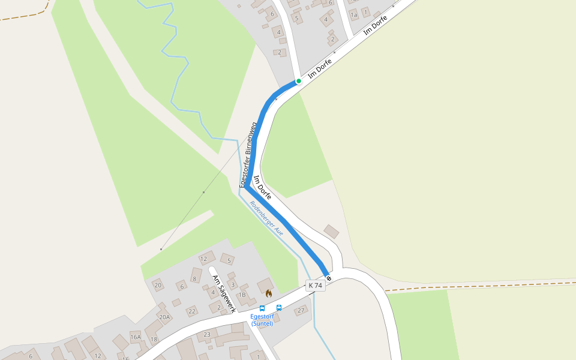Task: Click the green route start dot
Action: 298,81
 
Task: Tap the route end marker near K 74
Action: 329,278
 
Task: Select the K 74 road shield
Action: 315,286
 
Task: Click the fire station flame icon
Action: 268,293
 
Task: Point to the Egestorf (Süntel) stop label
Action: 262,320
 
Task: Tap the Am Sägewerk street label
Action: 223,293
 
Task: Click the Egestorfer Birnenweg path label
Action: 248,155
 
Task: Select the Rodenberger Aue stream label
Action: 266,218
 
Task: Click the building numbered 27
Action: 301,310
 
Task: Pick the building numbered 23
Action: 208,334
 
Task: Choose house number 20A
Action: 164,317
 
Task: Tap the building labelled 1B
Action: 242,295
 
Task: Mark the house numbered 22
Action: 191,311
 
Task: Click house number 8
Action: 194,278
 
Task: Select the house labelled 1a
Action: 353,14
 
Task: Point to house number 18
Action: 154,340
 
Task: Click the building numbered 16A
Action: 136,337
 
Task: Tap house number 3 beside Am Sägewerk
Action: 233,284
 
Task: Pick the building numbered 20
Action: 158,285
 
